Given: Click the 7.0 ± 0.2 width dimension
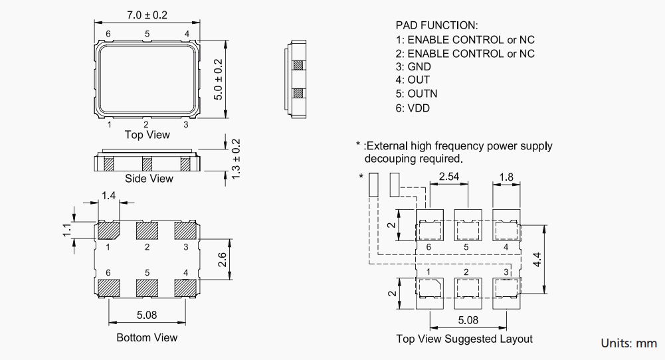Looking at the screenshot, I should pos(147,15).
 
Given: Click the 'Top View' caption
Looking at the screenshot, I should pos(147,135).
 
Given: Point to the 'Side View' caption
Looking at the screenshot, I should pos(149,179).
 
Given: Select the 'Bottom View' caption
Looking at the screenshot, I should pos(147,337).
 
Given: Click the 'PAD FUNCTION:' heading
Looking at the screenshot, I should pos(436,25).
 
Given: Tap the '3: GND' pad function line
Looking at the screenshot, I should pos(413,66).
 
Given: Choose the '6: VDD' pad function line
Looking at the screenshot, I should pos(413,108).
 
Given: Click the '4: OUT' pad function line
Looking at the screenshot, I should pos(413,80).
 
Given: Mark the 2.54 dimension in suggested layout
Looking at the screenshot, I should pos(448,177).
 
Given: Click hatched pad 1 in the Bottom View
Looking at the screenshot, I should pos(108,230).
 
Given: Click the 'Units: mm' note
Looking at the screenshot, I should pos(628,343).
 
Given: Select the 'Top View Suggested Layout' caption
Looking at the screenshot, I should pos(464,339).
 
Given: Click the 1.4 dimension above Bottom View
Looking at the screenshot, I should pos(108,195).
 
